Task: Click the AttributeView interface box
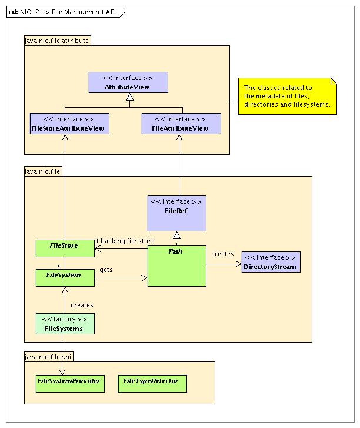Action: [x=128, y=82]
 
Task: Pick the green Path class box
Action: [x=176, y=266]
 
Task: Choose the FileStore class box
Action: [x=65, y=248]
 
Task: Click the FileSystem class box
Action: [x=65, y=275]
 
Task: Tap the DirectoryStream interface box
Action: [x=271, y=263]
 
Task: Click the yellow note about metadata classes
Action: [x=287, y=96]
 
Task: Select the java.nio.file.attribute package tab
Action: [x=57, y=41]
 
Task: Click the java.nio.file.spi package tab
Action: [x=48, y=356]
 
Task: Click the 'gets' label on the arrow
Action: [x=106, y=270]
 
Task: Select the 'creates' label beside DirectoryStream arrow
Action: [x=222, y=254]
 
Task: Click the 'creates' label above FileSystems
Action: [x=82, y=305]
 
